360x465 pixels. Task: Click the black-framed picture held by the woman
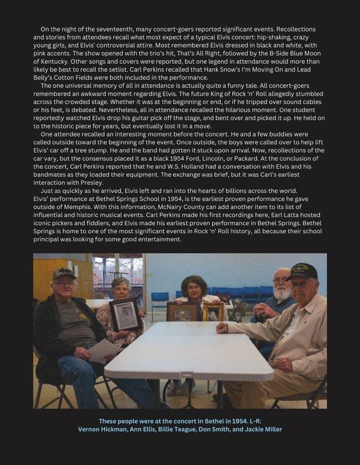(124, 315)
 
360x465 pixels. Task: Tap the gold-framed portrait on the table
(213, 312)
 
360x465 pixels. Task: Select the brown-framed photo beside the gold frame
(183, 312)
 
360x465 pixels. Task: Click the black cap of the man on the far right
(302, 271)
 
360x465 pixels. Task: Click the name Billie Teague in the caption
(179, 429)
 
